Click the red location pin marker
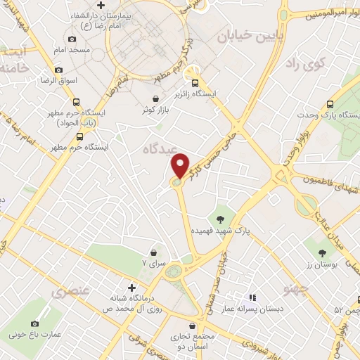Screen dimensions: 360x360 point(181,166)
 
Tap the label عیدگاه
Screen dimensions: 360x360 point(157,149)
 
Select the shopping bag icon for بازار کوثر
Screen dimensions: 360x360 point(155,99)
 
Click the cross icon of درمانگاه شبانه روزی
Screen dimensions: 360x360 point(131,287)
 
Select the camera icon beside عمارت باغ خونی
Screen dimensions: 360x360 point(34,323)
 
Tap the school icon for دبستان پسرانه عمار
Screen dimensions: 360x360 point(252,297)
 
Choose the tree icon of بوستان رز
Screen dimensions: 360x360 point(323,251)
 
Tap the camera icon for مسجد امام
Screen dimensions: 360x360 point(71,39)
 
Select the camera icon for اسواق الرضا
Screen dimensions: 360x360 point(58,70)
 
